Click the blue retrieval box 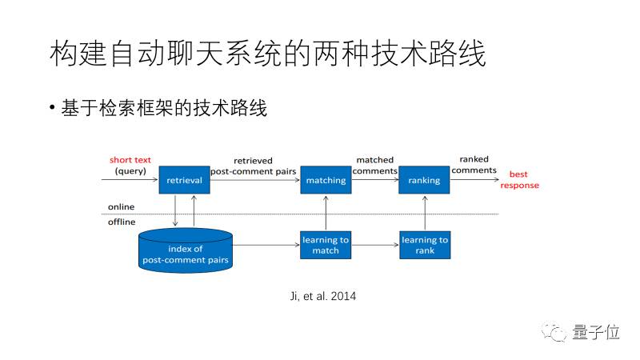pos(185,179)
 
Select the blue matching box pos(326,179)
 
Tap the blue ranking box pos(424,179)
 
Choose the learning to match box pos(326,245)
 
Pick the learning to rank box pos(425,245)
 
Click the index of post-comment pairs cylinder pos(186,250)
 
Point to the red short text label pos(130,160)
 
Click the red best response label pos(519,179)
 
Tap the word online pos(122,207)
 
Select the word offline pos(122,222)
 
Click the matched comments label pos(374,166)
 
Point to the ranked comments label pos(474,165)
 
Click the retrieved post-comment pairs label pos(253,166)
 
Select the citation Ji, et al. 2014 pos(323,296)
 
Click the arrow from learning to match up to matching pos(326,213)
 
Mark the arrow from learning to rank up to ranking pos(425,213)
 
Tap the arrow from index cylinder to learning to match pos(266,245)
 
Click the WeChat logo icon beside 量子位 pos(554,332)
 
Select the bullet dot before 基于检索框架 pos(52,108)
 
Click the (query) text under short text pos(130,171)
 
